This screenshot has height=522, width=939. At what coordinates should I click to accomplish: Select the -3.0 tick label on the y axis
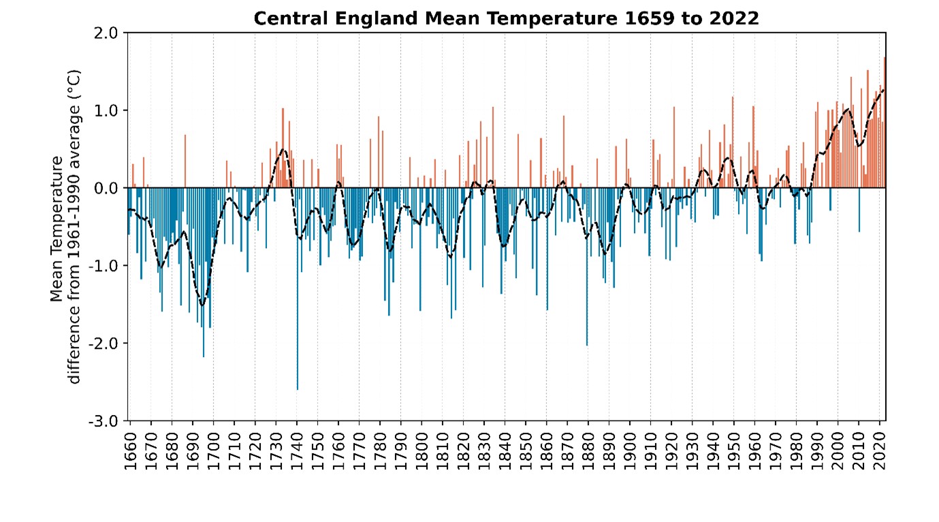(104, 420)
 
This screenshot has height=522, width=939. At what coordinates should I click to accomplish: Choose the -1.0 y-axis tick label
(104, 266)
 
